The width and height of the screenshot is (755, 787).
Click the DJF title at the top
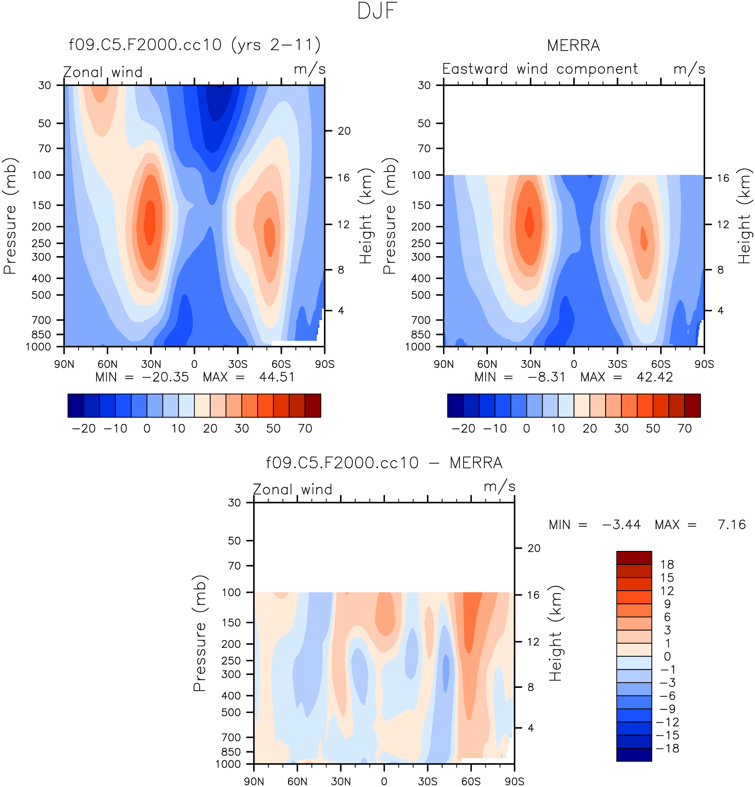[x=377, y=11]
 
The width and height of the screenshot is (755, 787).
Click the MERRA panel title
[x=573, y=46]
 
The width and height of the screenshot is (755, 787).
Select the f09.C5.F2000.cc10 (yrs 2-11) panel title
[x=195, y=45]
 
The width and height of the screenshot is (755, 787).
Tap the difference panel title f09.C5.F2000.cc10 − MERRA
[x=384, y=463]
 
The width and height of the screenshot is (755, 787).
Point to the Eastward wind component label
[x=540, y=69]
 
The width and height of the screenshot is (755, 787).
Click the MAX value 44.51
[x=277, y=377]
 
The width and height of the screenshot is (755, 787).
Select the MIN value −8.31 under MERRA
[x=546, y=377]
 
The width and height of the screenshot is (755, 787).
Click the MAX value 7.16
[x=731, y=525]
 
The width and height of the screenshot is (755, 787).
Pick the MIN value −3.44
[x=622, y=525]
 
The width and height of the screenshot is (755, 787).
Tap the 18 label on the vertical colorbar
[x=667, y=565]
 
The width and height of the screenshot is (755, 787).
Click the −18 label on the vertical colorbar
[x=667, y=748]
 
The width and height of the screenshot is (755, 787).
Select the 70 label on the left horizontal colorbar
[x=305, y=429]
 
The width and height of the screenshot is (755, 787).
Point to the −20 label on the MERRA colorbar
[x=463, y=429]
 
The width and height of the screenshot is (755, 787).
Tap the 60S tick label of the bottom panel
[x=471, y=781]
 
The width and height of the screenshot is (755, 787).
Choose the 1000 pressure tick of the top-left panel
[x=38, y=347]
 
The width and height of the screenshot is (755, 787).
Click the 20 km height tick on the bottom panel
[x=534, y=549]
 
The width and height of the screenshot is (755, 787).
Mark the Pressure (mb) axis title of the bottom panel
[x=200, y=633]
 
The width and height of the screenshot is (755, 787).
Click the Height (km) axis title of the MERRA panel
[x=744, y=216]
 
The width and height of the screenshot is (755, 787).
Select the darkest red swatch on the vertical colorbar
[x=634, y=557]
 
